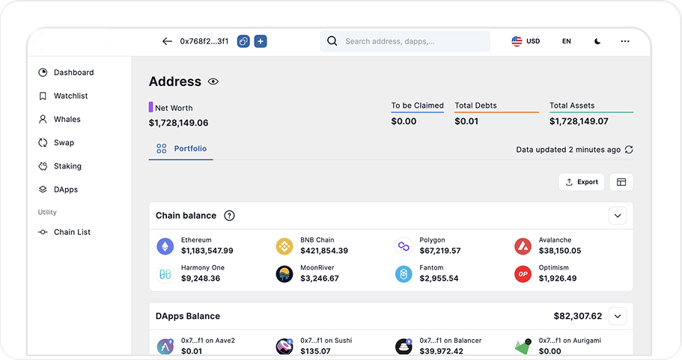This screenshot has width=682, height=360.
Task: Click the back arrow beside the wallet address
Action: [x=167, y=41]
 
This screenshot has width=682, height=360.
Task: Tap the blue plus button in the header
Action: [x=261, y=41]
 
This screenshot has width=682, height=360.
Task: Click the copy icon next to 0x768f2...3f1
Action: [x=243, y=41]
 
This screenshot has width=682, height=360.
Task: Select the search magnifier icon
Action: [x=332, y=41]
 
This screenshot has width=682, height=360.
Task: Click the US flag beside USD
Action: [x=517, y=41]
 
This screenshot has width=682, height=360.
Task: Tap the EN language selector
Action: [x=566, y=41]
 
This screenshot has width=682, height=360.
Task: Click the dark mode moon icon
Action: [x=597, y=41]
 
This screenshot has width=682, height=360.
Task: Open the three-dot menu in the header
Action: [x=625, y=41]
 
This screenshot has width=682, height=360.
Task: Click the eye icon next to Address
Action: [x=213, y=82]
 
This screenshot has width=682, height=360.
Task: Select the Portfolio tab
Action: [x=181, y=149]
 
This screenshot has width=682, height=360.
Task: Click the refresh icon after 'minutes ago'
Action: [x=629, y=150]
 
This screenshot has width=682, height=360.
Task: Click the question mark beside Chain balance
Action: [x=229, y=216]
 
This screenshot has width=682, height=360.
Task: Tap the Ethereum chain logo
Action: [x=165, y=246]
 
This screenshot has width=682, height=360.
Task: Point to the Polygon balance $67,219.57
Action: [x=439, y=251]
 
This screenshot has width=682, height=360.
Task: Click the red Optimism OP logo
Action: [x=523, y=275]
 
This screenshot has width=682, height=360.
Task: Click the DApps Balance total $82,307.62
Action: [x=578, y=316]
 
